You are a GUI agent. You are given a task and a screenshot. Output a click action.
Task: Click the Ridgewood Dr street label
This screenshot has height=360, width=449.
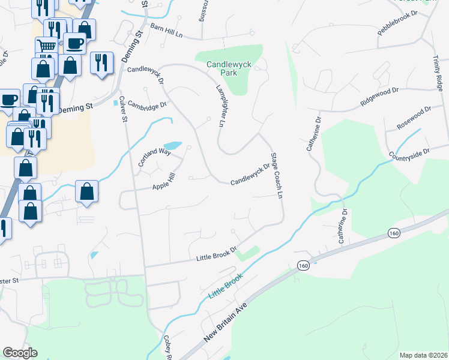tap(379, 97)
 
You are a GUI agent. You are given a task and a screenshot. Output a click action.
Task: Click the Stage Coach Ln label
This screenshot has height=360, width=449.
tap(277, 175)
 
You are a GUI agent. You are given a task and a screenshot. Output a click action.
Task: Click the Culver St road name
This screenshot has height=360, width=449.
tap(123, 109)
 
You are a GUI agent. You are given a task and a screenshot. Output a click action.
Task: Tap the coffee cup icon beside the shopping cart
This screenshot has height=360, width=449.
tap(74, 43)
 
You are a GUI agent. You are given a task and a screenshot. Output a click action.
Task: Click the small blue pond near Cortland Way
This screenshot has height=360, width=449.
tap(172, 146)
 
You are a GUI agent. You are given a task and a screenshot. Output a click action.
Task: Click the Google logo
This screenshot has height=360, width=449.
tap(20, 353)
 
